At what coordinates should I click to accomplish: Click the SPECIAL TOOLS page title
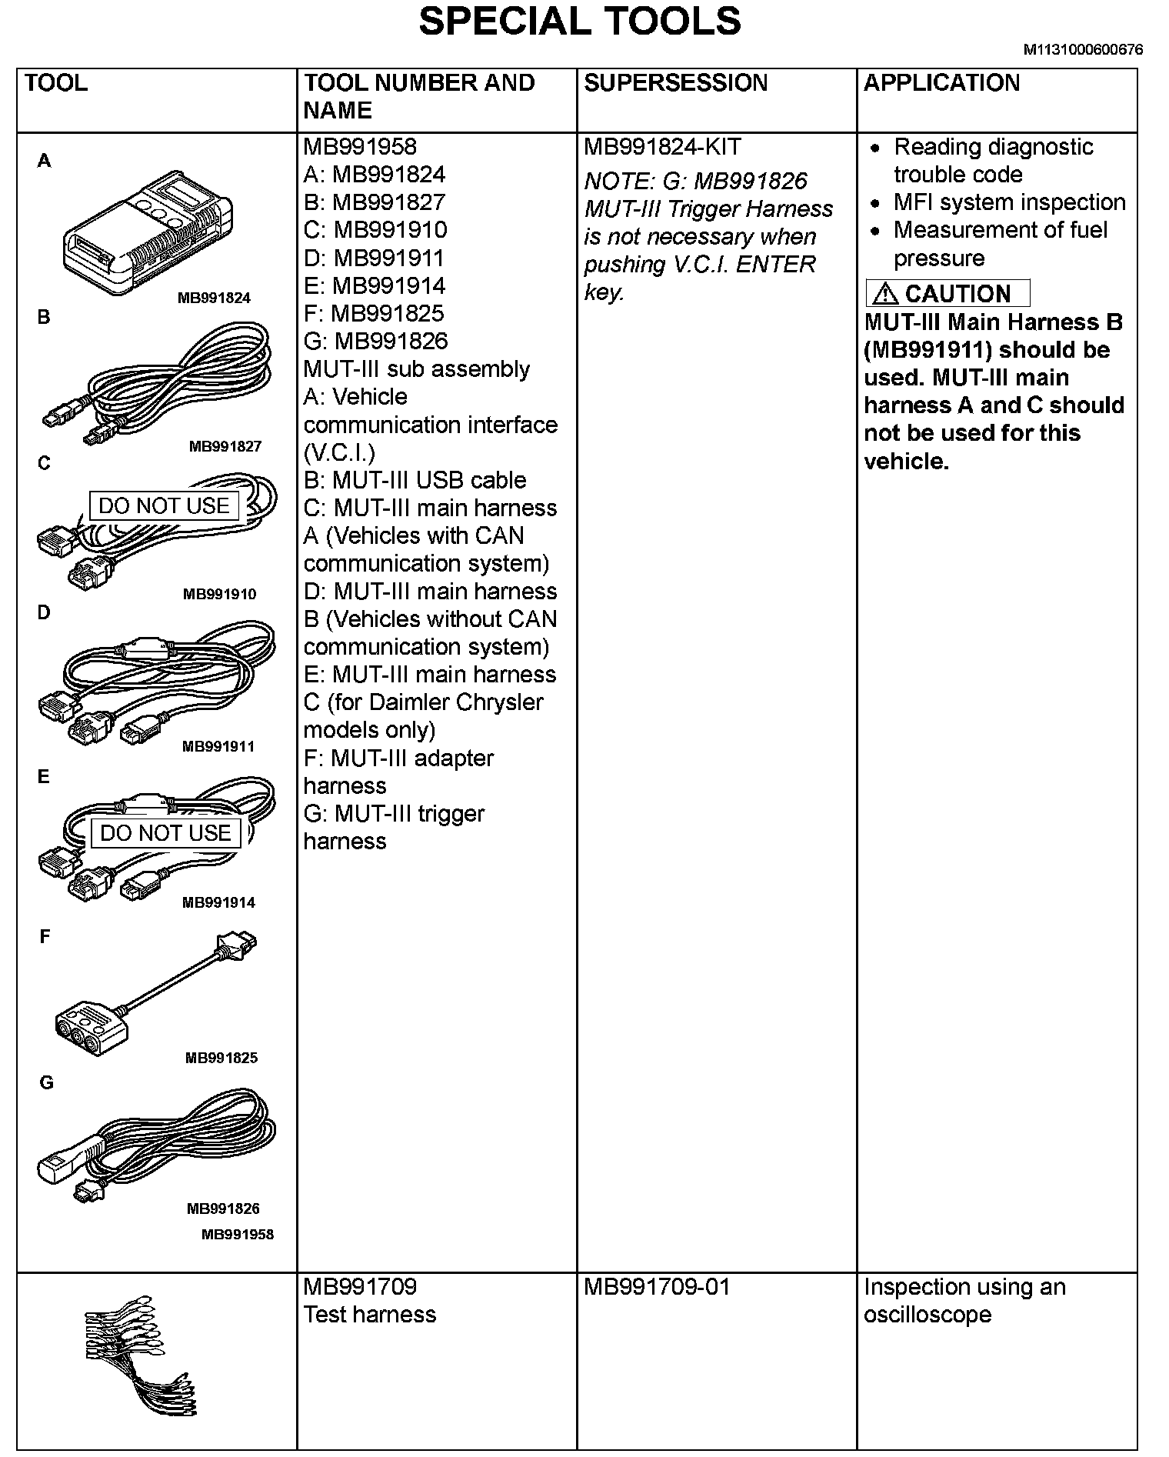point(579,21)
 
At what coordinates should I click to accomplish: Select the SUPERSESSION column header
point(675,83)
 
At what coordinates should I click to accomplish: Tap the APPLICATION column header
point(941,83)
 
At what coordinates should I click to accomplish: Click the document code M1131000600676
point(1082,50)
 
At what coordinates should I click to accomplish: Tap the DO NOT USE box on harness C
point(164,506)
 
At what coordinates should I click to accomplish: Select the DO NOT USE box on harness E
point(165,833)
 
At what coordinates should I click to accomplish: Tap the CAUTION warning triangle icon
point(885,293)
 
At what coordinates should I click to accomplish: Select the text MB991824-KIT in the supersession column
point(661,147)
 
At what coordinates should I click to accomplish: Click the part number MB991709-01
point(656,1287)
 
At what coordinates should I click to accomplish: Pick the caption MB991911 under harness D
point(218,746)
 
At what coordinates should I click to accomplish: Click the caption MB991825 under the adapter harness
point(221,1058)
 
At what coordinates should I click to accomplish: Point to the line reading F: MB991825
point(374,314)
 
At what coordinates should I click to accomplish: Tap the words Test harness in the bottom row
point(369,1315)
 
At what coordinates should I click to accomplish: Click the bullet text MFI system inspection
point(1009,202)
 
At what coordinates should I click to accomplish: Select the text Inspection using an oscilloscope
point(964,1301)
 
